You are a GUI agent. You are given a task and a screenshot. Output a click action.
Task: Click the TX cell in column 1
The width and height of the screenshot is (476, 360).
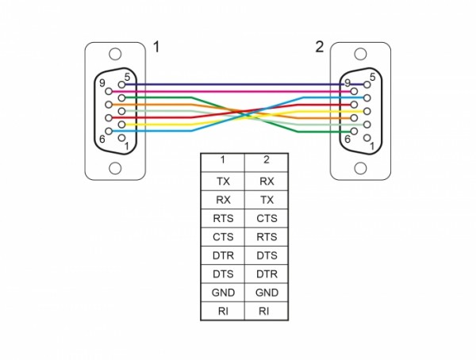(223, 181)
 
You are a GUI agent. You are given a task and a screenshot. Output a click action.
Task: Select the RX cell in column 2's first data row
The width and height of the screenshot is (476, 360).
(266, 181)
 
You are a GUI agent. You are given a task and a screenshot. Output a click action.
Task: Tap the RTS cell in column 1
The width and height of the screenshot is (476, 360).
(223, 218)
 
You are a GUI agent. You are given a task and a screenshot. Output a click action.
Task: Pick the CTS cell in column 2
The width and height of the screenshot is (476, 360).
(266, 218)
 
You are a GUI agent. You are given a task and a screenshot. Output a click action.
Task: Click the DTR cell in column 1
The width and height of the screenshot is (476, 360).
(223, 255)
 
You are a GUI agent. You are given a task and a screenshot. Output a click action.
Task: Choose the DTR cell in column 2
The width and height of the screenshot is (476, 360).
(266, 273)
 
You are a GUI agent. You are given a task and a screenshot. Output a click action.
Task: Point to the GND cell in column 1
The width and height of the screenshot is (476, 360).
(223, 292)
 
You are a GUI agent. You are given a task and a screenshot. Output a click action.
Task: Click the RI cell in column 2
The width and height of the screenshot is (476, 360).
(266, 310)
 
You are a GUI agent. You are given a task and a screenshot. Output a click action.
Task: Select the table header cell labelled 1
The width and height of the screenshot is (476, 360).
(223, 162)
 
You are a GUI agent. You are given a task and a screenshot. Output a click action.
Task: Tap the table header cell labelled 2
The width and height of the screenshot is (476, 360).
(266, 162)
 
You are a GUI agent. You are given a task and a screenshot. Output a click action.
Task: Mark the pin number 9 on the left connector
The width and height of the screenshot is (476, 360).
(102, 82)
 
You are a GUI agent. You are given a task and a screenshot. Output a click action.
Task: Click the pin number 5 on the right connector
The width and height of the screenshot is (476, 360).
(371, 76)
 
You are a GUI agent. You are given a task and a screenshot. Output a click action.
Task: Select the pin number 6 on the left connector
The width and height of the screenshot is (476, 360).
(102, 140)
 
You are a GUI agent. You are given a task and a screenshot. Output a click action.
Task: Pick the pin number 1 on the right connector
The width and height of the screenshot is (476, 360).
(371, 145)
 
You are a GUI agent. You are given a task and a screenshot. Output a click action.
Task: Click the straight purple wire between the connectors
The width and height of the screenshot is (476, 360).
(238, 84)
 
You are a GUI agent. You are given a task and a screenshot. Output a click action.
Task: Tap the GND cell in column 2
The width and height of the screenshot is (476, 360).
(266, 292)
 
